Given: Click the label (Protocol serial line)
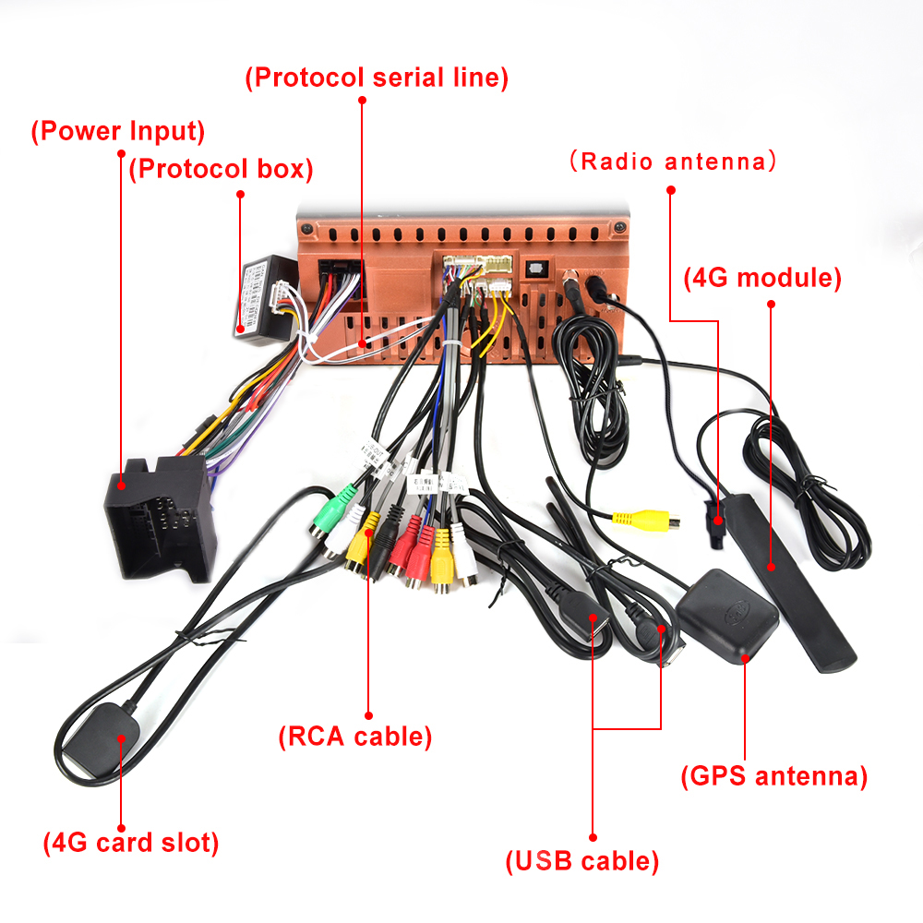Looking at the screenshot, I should coord(377,78).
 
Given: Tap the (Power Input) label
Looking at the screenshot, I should coord(118,131).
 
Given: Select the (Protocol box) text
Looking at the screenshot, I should coord(221,169).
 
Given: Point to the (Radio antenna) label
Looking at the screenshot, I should coord(671,162).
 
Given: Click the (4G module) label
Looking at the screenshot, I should coord(762,277).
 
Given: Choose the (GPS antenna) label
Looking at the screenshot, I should coord(773,775).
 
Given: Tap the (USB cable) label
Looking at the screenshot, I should coord(581,861).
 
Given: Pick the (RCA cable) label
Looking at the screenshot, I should coord(355,737).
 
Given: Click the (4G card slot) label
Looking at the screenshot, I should coord(131,842).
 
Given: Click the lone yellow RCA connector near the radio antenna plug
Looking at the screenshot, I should coord(636,520).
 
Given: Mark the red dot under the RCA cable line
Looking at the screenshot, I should coord(368,713).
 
